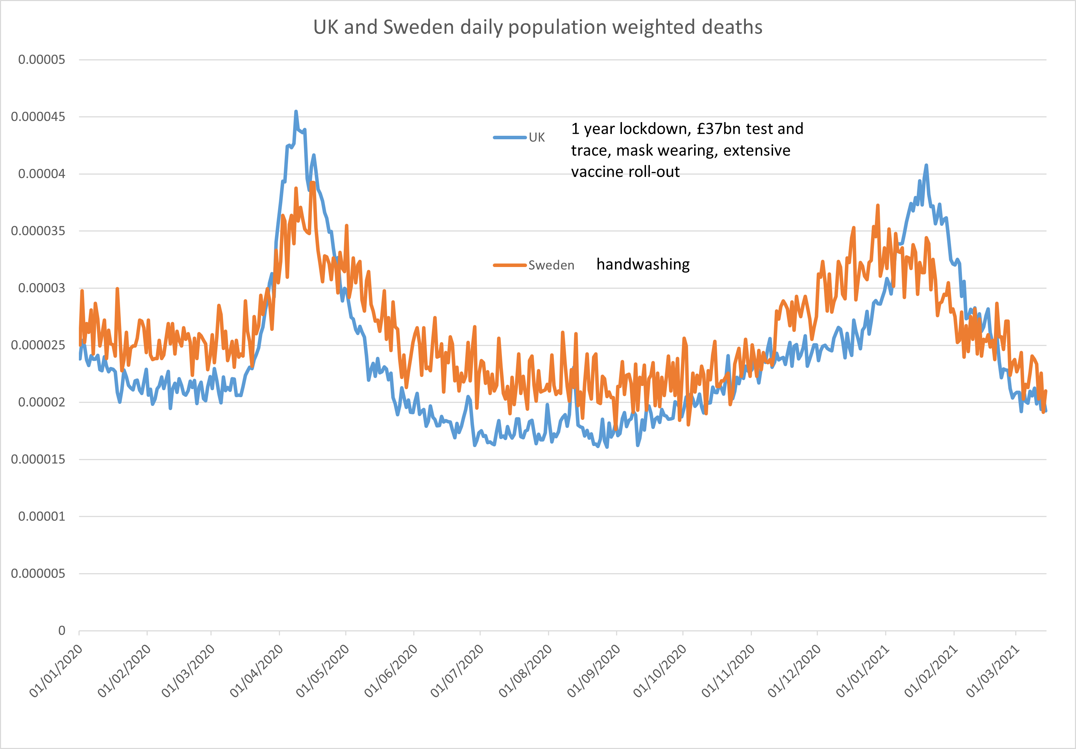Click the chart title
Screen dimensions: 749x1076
pyautogui.click(x=537, y=27)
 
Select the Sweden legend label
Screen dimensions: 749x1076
pyautogui.click(x=551, y=265)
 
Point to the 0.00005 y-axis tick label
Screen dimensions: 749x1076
pyautogui.click(x=41, y=60)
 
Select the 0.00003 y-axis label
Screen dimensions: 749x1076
pyautogui.click(x=41, y=288)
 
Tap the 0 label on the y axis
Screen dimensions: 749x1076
pyautogui.click(x=61, y=630)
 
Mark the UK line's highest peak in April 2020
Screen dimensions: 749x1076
pyautogui.click(x=296, y=112)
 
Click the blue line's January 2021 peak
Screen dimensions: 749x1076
pyautogui.click(x=926, y=165)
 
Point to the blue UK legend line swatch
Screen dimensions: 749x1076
pyautogui.click(x=510, y=137)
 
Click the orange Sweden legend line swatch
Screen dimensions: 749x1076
pyautogui.click(x=510, y=265)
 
